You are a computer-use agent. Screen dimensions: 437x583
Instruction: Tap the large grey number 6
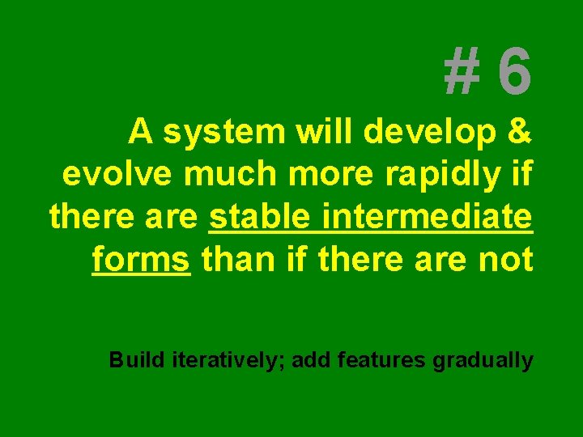pyautogui.click(x=515, y=70)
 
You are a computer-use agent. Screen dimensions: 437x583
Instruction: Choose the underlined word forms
pyautogui.click(x=141, y=261)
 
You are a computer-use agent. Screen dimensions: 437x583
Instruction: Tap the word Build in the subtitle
pyautogui.click(x=138, y=359)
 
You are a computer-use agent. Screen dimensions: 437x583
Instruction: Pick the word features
pyautogui.click(x=378, y=359)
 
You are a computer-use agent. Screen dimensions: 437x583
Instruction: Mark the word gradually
pyautogui.click(x=483, y=360)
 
